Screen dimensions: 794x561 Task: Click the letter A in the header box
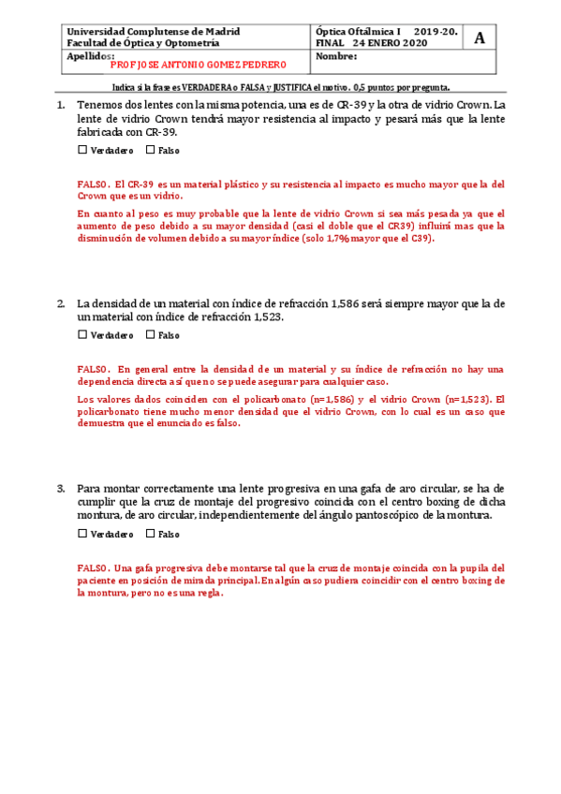point(480,37)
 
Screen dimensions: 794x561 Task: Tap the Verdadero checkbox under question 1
point(82,150)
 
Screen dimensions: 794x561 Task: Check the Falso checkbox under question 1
point(150,150)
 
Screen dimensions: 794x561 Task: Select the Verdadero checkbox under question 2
point(82,334)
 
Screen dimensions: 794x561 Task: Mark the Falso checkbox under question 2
point(150,334)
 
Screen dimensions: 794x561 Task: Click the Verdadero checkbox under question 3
point(82,534)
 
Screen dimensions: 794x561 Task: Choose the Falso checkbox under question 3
point(150,534)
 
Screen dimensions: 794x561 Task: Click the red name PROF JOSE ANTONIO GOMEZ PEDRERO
point(198,66)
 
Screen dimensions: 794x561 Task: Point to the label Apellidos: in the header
point(90,55)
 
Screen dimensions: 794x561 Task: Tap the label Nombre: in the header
point(337,55)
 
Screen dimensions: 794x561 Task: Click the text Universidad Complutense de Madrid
point(154,32)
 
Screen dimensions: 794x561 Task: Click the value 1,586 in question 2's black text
point(349,303)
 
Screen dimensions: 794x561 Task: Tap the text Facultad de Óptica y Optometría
point(143,43)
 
